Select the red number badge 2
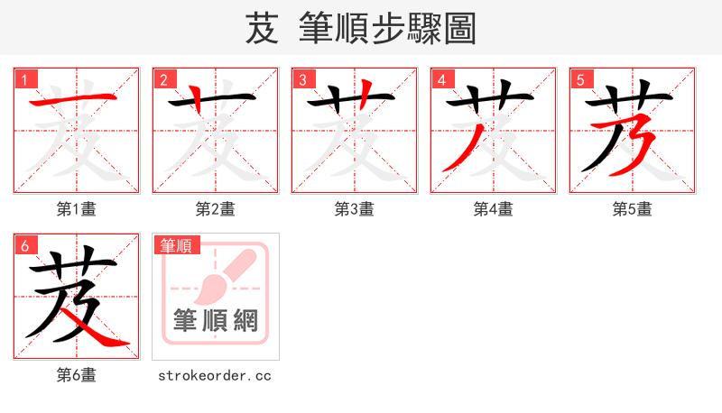[x=164, y=80]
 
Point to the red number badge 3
[x=303, y=80]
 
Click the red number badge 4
[x=442, y=80]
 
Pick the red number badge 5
[x=581, y=80]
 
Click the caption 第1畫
[x=77, y=209]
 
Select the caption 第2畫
[x=216, y=209]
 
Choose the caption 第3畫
[x=355, y=209]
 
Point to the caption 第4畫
[x=494, y=209]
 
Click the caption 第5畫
[x=633, y=209]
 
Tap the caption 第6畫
[x=77, y=375]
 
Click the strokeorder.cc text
[x=215, y=375]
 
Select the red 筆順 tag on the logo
[x=176, y=245]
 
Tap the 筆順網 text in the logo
[x=216, y=321]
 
